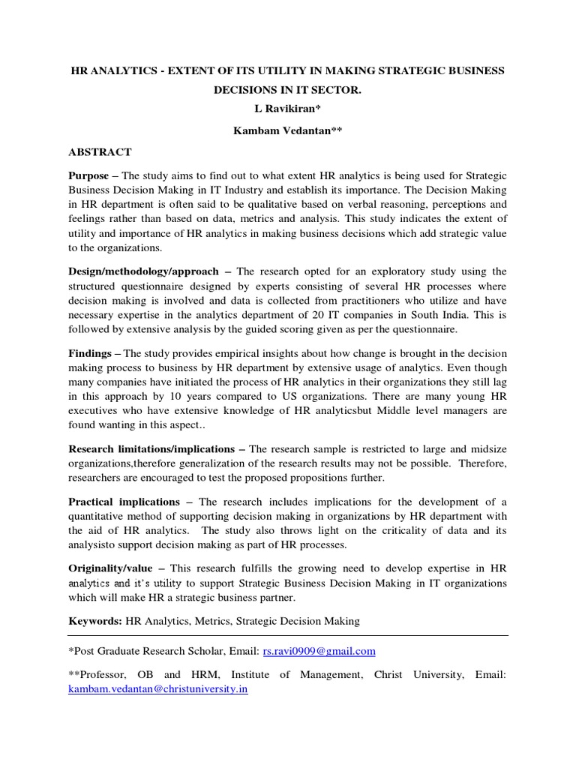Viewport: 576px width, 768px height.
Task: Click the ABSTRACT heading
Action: [x=100, y=152]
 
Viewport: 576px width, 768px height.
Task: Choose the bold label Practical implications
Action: [x=124, y=502]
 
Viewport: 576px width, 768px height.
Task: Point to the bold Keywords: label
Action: [x=95, y=621]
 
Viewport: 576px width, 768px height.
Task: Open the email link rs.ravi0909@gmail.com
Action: [x=319, y=652]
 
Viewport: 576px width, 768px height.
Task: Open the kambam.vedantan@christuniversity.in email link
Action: [x=157, y=688]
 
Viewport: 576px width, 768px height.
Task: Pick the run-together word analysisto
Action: [x=97, y=545]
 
